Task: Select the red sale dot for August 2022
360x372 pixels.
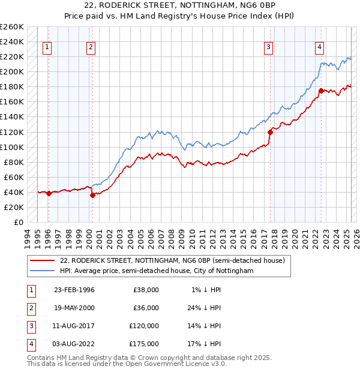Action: pyautogui.click(x=321, y=91)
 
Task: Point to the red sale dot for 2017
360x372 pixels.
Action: pyautogui.click(x=270, y=132)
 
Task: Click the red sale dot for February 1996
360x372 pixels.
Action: pyautogui.click(x=49, y=193)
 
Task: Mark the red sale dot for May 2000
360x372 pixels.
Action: pyautogui.click(x=92, y=195)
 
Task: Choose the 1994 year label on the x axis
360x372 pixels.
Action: pyautogui.click(x=27, y=238)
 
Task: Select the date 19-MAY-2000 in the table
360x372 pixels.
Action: pyautogui.click(x=74, y=308)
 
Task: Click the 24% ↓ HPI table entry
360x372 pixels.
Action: pyautogui.click(x=206, y=308)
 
